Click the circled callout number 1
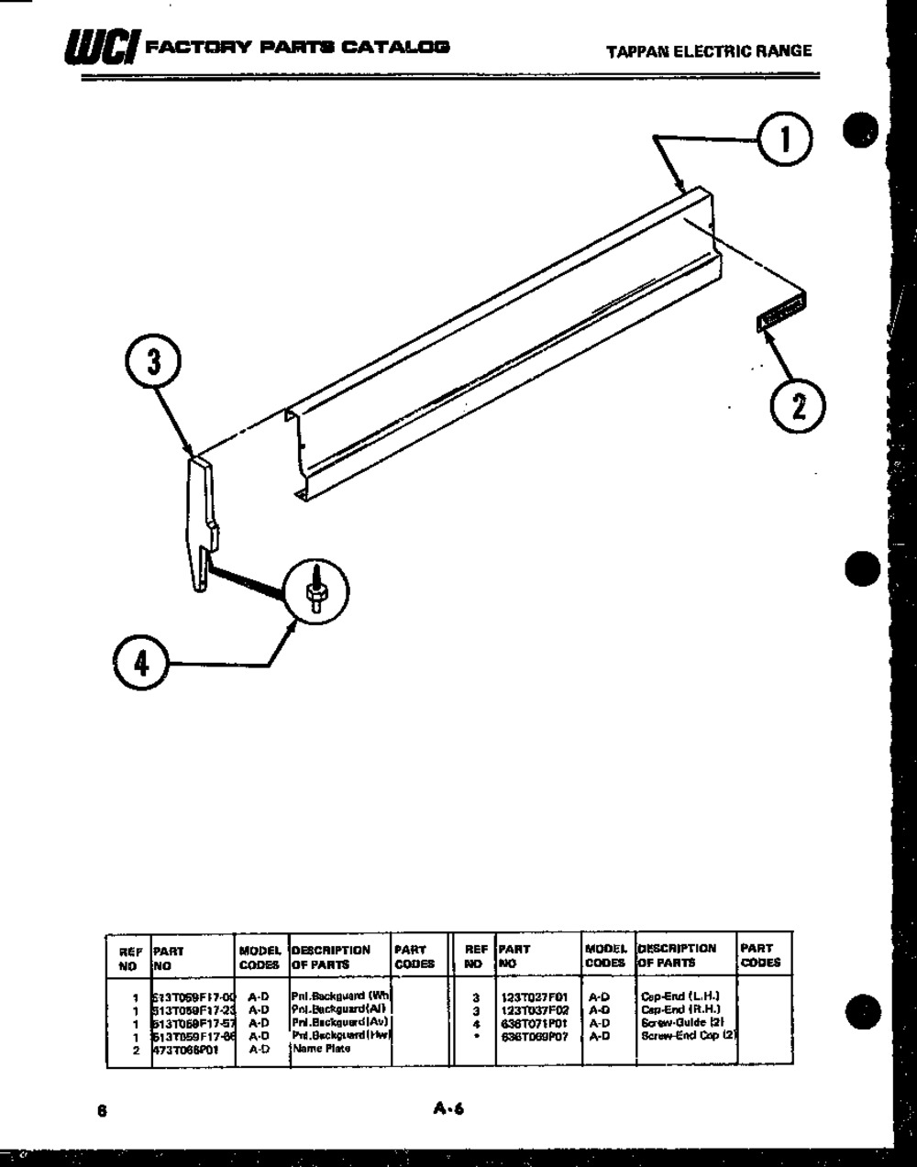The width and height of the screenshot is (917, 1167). tap(782, 140)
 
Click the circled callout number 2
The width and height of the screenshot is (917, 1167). tap(797, 404)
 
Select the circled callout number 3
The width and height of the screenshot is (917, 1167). tap(154, 363)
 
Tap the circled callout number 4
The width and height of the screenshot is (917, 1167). tap(141, 662)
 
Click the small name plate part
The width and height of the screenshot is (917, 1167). tap(780, 314)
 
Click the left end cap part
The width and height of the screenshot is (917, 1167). tap(203, 523)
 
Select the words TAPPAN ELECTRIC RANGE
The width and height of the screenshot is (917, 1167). tap(709, 51)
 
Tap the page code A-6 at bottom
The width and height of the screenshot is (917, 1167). tap(449, 1109)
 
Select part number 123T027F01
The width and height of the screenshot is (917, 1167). tap(535, 996)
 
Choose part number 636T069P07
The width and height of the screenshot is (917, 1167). tap(535, 1037)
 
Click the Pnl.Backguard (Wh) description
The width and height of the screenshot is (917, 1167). tap(340, 996)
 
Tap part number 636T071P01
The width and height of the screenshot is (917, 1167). tap(535, 1023)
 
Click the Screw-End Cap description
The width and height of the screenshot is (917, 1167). tap(689, 1037)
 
